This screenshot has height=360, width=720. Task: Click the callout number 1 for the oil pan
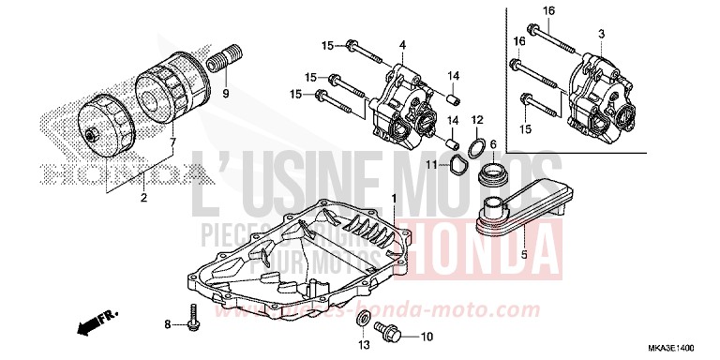tap(395, 199)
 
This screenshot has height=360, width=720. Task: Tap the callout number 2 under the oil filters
tap(143, 198)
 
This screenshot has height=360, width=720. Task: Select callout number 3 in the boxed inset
tap(600, 34)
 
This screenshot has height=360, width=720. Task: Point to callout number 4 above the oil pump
tap(402, 45)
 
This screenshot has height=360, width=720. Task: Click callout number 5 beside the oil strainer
tap(524, 253)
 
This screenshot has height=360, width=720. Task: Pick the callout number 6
tap(493, 143)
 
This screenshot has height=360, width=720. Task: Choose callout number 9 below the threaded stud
tap(225, 94)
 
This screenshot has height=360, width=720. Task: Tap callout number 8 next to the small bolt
tap(168, 324)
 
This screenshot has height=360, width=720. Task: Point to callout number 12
tap(476, 119)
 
